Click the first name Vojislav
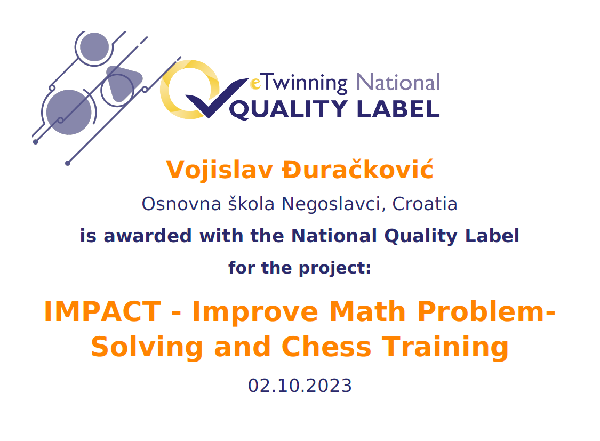pyautogui.click(x=219, y=170)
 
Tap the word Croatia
pyautogui.click(x=425, y=204)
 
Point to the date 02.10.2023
pyautogui.click(x=300, y=386)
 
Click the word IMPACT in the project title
pyautogui.click(x=102, y=312)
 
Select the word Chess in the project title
pyautogui.click(x=326, y=347)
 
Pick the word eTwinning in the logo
pyautogui.click(x=299, y=83)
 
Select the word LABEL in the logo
pyautogui.click(x=398, y=109)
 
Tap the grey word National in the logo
pyautogui.click(x=398, y=82)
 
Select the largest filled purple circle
pyautogui.click(x=69, y=112)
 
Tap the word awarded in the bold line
pyautogui.click(x=148, y=236)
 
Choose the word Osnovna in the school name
pyautogui.click(x=181, y=204)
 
